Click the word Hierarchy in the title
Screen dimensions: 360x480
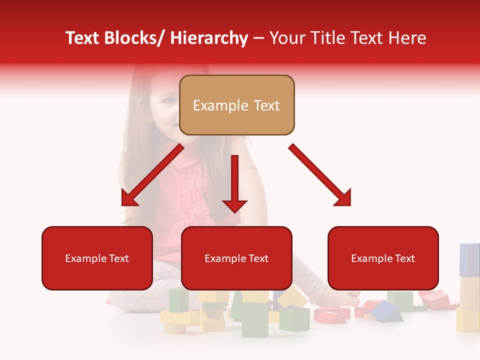pyautogui.click(x=209, y=38)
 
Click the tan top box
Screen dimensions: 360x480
pyautogui.click(x=236, y=105)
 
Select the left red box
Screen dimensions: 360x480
pyautogui.click(x=97, y=258)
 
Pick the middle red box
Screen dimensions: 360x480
pyautogui.click(x=236, y=258)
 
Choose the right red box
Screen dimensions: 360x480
pyautogui.click(x=383, y=258)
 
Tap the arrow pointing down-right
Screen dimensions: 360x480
pyautogui.click(x=320, y=175)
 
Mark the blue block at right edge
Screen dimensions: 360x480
pyautogui.click(x=469, y=259)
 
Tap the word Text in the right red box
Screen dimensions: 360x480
pyautogui.click(x=405, y=258)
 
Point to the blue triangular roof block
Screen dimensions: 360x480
pyautogui.click(x=387, y=311)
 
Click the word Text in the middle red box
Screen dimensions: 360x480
pyautogui.click(x=258, y=258)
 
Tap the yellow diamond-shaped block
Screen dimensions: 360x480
pyautogui.click(x=293, y=298)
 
